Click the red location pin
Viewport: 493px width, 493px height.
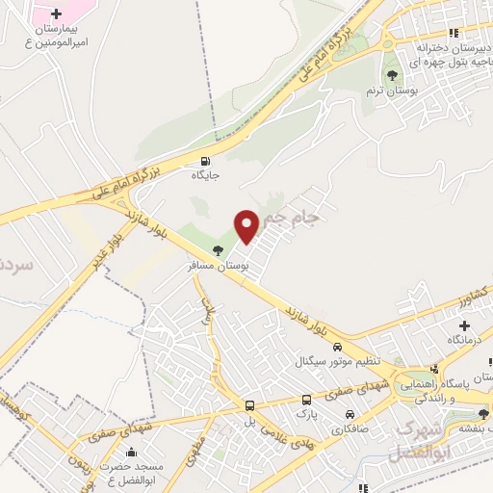click(247, 225)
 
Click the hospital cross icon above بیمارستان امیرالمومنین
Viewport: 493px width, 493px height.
click(56, 14)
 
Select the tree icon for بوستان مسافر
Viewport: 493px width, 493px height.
click(217, 249)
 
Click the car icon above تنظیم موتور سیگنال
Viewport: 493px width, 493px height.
click(336, 346)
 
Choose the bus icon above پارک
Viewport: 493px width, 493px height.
click(306, 399)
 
